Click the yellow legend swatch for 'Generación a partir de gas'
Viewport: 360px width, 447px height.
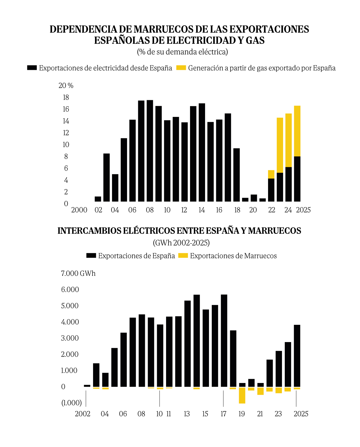point(181,68)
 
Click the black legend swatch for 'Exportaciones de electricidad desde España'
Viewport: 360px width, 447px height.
point(32,68)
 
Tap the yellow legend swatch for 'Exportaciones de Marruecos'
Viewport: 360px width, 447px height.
point(183,255)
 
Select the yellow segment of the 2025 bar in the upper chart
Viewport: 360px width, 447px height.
point(297,131)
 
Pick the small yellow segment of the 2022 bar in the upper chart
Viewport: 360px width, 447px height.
point(271,174)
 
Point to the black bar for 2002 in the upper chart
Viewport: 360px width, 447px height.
point(98,199)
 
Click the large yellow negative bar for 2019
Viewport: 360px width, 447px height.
point(242,395)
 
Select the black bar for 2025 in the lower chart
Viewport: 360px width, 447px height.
point(297,356)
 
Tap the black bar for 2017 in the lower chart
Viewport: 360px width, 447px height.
point(224,340)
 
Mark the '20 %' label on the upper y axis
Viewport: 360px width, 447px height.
point(66,85)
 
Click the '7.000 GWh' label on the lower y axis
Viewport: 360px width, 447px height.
point(78,273)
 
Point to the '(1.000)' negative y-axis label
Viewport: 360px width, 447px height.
point(72,403)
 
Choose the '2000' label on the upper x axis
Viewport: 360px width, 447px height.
point(79,210)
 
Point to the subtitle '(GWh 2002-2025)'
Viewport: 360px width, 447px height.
point(181,243)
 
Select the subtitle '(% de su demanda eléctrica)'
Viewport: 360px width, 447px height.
point(183,52)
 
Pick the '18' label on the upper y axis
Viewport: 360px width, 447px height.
point(66,97)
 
